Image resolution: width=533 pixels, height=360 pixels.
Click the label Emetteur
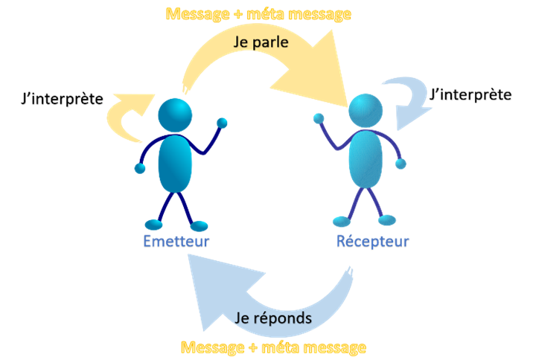(x=176, y=241)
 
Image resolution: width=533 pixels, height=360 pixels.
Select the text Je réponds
(x=272, y=318)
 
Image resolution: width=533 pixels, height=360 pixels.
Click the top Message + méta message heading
(x=258, y=13)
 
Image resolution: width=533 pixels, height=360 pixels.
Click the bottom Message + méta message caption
(x=273, y=347)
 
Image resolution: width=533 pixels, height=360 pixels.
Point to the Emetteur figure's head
(x=175, y=115)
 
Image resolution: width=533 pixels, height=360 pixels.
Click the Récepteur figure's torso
(x=367, y=158)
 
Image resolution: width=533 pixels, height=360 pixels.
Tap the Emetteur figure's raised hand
(x=221, y=123)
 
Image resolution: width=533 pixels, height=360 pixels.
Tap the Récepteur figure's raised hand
(x=319, y=118)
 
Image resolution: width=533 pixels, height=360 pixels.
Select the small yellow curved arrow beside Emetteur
(x=128, y=115)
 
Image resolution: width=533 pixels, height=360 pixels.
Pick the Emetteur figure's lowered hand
(x=140, y=169)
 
